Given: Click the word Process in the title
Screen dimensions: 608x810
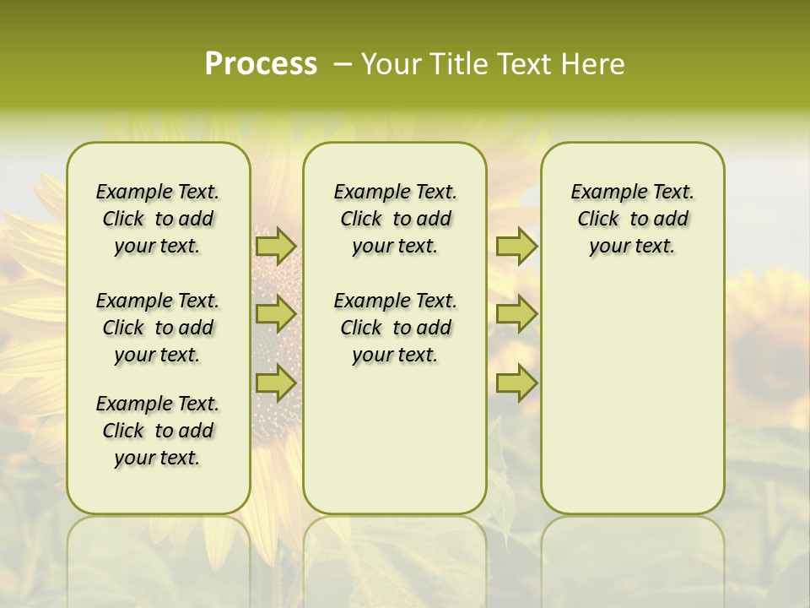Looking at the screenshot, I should point(261,64).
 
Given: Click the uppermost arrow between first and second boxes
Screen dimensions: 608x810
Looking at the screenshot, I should point(276,246).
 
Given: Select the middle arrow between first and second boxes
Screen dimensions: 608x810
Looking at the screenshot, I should point(276,314).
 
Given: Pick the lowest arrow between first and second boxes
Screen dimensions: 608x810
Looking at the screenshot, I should point(276,383).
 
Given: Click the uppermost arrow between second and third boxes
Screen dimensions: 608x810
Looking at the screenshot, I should point(516,246).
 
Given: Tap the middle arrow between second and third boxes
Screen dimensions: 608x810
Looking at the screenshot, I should point(516,314).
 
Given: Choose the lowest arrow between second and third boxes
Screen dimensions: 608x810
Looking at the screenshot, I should point(516,383).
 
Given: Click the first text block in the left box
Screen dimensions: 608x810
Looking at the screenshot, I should point(158,219).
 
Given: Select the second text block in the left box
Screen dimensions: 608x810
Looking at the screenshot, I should point(158,328).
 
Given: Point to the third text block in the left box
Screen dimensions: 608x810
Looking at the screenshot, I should point(158,431).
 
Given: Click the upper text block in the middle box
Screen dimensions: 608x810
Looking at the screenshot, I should point(395,219).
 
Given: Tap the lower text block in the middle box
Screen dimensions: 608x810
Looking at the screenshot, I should point(395,328).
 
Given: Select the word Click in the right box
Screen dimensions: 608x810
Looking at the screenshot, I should point(598,219).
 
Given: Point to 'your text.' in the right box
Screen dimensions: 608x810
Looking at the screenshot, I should point(632,246).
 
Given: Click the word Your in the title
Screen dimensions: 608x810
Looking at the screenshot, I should point(391,64).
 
